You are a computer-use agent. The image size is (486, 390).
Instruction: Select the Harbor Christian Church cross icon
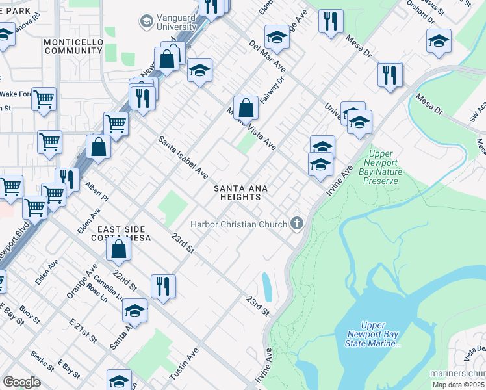coord(297,224)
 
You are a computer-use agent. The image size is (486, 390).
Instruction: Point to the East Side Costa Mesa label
coord(124,234)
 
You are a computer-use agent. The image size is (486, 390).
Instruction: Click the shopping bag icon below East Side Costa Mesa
coord(119,250)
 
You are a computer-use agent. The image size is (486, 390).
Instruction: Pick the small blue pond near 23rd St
coord(266,287)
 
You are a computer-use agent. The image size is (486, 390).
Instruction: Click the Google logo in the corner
coord(21,382)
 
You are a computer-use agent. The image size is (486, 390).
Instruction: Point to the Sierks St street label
coord(42,361)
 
